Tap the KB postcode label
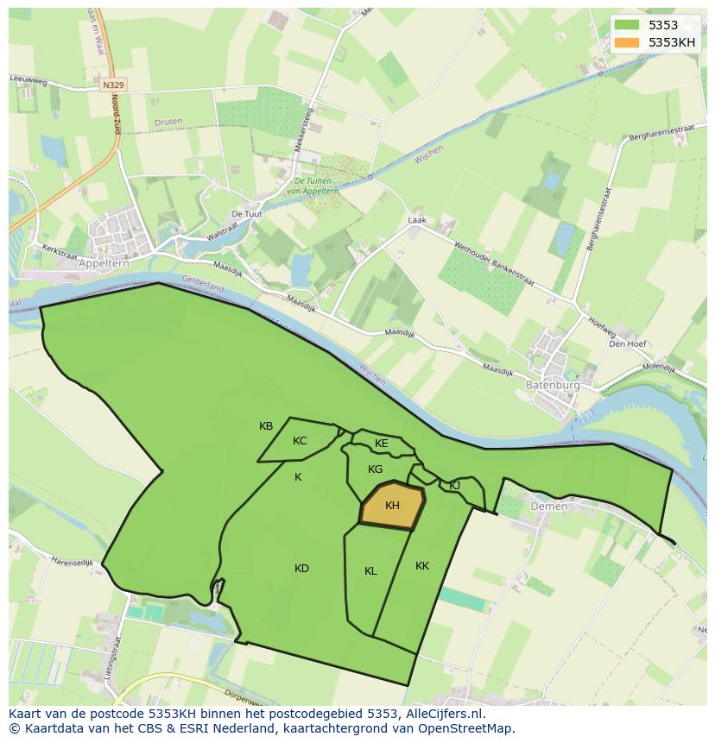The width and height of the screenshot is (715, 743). (x=266, y=426)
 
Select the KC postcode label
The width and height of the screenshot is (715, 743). (x=300, y=441)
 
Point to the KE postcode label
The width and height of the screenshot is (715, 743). (x=381, y=444)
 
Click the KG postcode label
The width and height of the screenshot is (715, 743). (x=375, y=469)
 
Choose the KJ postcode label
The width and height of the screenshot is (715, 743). (x=454, y=485)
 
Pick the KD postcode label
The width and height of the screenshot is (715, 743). (x=301, y=568)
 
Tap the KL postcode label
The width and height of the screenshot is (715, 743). (x=370, y=570)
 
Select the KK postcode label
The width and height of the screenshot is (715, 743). (x=422, y=566)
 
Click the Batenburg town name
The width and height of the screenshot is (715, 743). (x=553, y=386)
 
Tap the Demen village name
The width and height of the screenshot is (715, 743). (x=549, y=507)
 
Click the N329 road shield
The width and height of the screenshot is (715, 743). (x=112, y=85)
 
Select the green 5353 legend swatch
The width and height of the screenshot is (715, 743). (x=627, y=26)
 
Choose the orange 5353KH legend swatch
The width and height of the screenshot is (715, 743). (x=627, y=42)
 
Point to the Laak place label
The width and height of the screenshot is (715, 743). (x=417, y=220)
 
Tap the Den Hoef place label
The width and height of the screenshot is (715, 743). (x=628, y=343)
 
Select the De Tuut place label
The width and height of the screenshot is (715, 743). (x=246, y=214)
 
